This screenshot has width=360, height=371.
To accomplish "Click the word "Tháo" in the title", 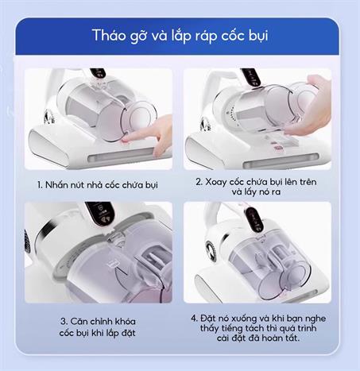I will coord(107,37).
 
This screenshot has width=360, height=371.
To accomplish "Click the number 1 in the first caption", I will coord(39,184).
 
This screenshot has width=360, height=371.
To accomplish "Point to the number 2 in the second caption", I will coord(199,180).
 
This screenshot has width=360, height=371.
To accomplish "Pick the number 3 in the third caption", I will coord(62,321).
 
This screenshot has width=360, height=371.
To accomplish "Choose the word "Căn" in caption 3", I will coord(81,321).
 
